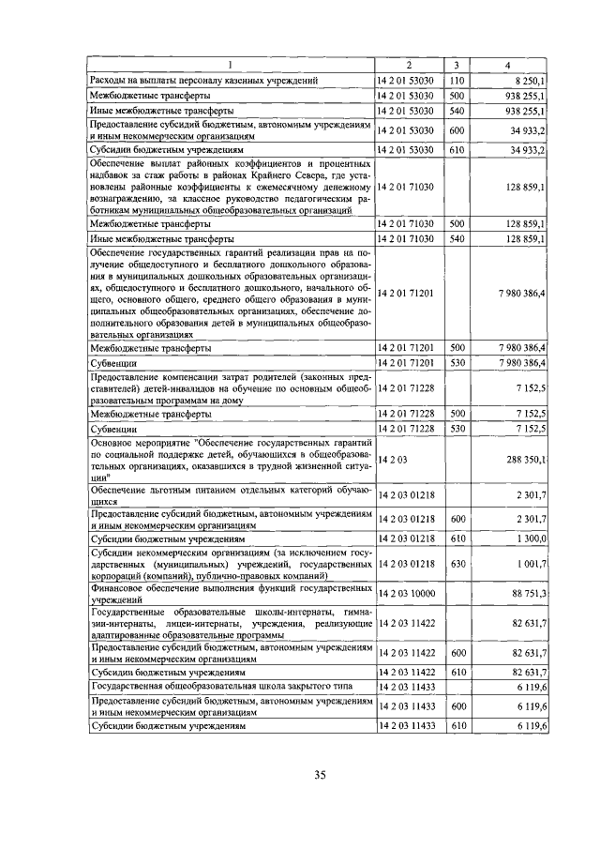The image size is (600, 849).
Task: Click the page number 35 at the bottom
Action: click(x=319, y=774)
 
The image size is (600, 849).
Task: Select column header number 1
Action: click(x=231, y=65)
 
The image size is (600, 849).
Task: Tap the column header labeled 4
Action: click(x=507, y=65)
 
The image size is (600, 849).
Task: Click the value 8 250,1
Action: click(x=528, y=81)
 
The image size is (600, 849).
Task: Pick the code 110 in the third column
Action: click(x=457, y=81)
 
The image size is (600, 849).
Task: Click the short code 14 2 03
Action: click(x=392, y=460)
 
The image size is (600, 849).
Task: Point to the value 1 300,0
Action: click(x=529, y=540)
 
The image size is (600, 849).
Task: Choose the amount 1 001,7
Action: click(x=529, y=563)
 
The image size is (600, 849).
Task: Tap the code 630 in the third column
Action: click(x=457, y=563)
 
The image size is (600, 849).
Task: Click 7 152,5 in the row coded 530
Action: click(x=531, y=428)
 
